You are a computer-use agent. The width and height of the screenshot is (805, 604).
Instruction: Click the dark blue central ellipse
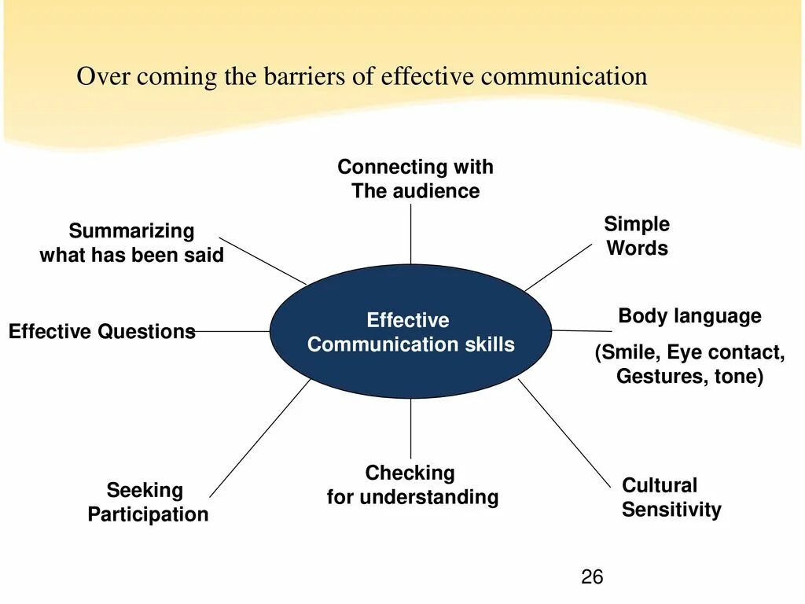[410, 370]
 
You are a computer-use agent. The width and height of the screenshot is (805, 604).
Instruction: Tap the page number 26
[592, 577]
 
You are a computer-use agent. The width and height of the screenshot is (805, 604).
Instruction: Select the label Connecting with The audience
[415, 179]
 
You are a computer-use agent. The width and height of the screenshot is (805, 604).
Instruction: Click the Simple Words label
[637, 236]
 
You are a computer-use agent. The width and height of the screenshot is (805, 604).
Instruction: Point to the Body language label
[689, 316]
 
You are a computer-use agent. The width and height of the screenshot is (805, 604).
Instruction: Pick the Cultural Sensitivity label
[671, 497]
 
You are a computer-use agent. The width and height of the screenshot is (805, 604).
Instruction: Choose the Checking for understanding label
[412, 484]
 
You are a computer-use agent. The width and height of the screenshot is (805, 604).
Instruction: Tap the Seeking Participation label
[148, 503]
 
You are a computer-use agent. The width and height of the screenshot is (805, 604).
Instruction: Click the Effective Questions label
[101, 331]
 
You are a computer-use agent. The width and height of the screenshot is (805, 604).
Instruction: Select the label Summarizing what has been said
[131, 243]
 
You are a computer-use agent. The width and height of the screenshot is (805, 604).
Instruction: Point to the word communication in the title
[564, 77]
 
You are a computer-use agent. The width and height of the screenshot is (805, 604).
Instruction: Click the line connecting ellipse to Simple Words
[557, 267]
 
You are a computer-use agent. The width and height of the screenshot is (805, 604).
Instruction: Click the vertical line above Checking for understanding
[410, 429]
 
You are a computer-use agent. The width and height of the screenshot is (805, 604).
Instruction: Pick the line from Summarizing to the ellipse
[263, 260]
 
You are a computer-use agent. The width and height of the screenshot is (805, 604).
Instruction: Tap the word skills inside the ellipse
[488, 344]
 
